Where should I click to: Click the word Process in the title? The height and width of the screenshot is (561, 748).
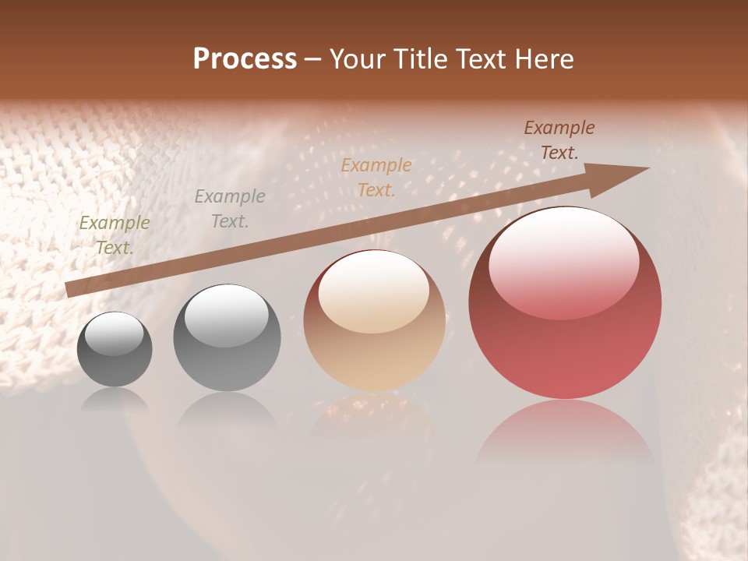(x=245, y=59)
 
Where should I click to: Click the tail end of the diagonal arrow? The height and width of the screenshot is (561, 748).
(x=70, y=289)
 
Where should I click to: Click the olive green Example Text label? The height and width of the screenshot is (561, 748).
(x=115, y=235)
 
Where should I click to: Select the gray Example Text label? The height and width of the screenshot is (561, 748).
(x=230, y=209)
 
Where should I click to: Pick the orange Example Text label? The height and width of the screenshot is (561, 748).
(x=376, y=177)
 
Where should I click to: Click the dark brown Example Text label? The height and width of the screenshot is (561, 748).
(x=559, y=140)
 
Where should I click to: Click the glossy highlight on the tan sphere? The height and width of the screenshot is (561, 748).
(x=374, y=292)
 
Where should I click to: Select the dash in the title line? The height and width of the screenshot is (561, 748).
(x=313, y=59)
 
